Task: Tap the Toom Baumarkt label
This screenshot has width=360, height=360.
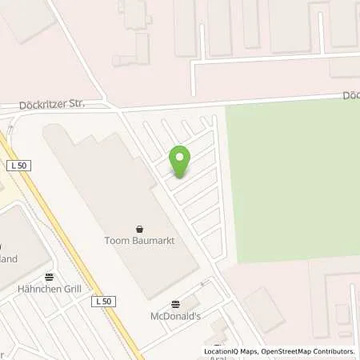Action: tap(140, 240)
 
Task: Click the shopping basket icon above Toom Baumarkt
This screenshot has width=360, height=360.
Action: tap(140, 227)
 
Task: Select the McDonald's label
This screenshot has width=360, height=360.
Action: tap(176, 315)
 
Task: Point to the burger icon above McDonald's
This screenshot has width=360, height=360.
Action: tap(176, 303)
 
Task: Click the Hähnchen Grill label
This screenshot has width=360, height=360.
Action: tap(47, 289)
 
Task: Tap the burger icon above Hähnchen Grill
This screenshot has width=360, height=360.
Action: tap(47, 277)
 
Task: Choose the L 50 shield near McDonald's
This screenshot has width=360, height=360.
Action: tap(103, 301)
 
